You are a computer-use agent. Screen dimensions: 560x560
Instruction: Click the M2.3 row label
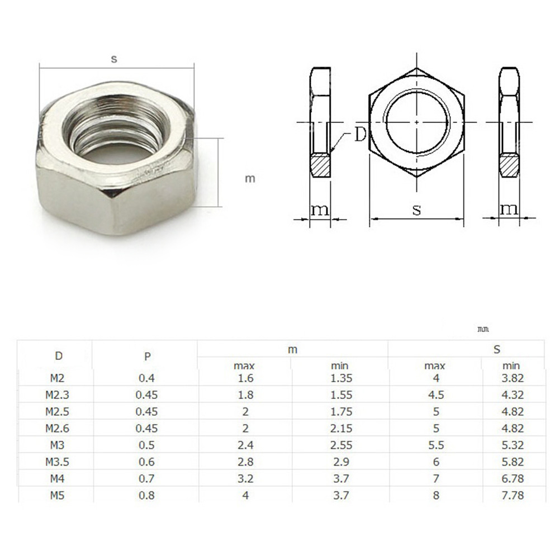(57, 395)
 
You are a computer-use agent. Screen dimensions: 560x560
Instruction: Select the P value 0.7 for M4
(146, 478)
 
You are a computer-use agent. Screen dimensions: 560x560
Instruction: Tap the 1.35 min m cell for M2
(341, 378)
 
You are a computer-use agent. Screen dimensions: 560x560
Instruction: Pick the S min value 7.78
(512, 495)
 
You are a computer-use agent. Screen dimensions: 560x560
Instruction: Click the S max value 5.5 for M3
(436, 445)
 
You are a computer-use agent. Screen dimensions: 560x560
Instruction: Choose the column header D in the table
(59, 355)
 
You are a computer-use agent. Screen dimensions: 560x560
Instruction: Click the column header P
(147, 356)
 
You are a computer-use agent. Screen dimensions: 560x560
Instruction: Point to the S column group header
(497, 349)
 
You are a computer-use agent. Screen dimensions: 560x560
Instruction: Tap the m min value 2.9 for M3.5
(341, 462)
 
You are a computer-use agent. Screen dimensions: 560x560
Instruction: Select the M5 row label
(57, 495)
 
